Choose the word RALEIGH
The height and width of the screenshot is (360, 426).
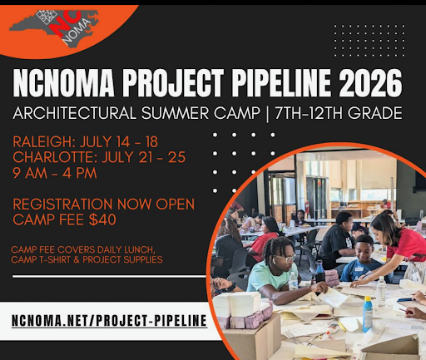46,139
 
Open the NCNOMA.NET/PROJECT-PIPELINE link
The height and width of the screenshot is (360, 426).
110,319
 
